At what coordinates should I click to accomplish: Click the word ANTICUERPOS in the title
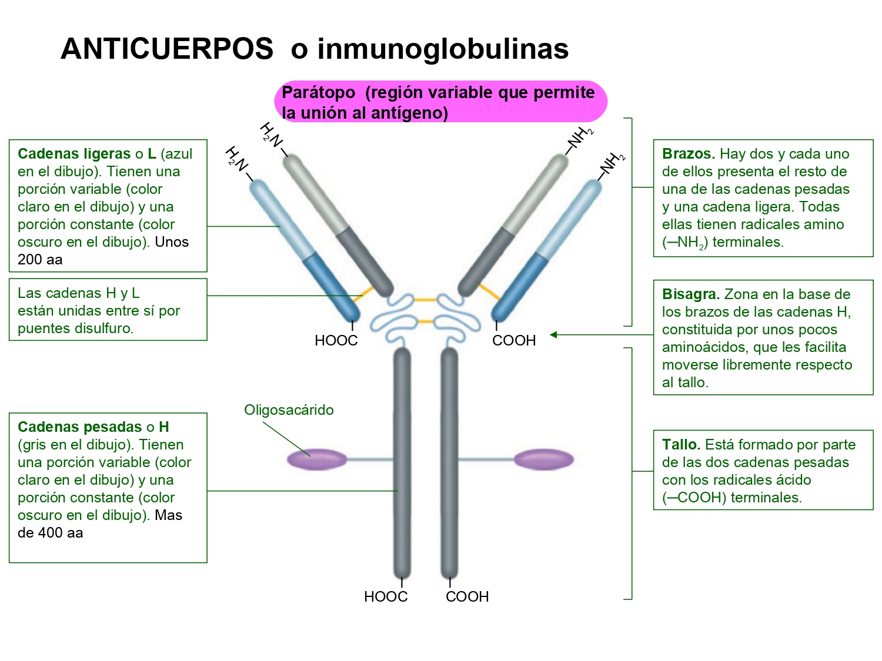point(167,49)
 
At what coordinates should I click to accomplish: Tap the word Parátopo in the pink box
point(319,93)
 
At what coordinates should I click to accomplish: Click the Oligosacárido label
point(289,410)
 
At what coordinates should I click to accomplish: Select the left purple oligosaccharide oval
point(317,459)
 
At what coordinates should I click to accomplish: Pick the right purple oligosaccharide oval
point(543,459)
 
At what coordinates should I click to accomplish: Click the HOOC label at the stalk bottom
point(386,597)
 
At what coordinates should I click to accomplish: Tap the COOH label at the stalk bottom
point(467,597)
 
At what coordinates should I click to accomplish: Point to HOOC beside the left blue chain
point(336,341)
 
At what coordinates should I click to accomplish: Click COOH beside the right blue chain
point(514,341)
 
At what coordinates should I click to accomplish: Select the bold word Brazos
point(688,154)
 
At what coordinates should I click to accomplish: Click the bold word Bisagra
point(690,294)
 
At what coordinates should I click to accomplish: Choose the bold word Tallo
point(680,445)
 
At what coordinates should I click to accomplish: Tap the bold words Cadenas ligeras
point(74,154)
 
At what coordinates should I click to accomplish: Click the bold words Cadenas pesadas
point(80,427)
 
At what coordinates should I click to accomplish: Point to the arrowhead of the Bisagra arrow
point(553,335)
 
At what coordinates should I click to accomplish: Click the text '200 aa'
point(40,260)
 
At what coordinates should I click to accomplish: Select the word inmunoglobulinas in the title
point(443,49)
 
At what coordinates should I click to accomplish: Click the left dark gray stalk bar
point(402,464)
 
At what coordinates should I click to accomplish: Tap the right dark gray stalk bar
point(449,464)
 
